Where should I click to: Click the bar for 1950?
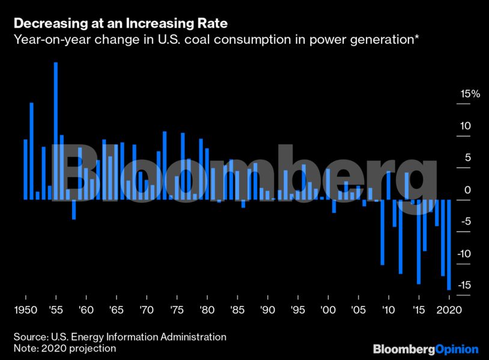click(26, 169)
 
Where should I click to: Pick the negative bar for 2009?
click(382, 231)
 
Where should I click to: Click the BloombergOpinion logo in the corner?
click(425, 349)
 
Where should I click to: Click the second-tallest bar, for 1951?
click(32, 151)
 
